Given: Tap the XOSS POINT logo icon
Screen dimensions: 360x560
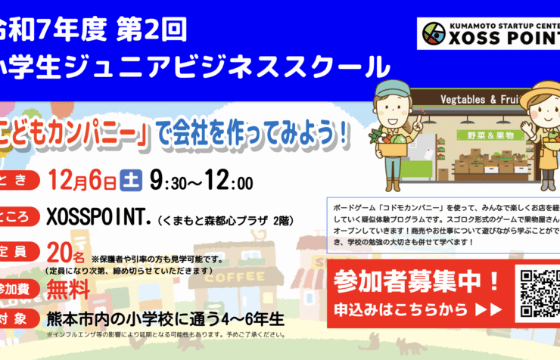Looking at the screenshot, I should (x=435, y=33).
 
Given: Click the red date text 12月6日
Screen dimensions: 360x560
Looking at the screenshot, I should (x=83, y=181).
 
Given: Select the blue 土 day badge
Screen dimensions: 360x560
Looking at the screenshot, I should (x=130, y=182).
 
